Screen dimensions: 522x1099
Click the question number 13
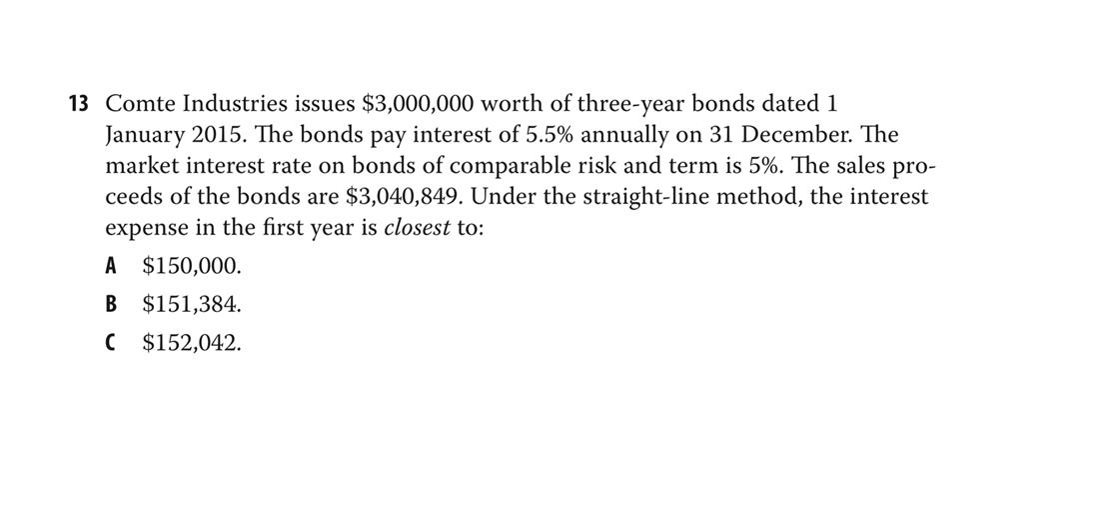[79, 103]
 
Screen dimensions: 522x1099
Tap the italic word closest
[417, 228]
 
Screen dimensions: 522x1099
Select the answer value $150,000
[192, 266]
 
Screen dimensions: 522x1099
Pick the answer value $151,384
[192, 304]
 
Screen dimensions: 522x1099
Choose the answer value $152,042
[192, 343]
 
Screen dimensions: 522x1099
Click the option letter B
[112, 304]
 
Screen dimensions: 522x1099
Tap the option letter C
[112, 343]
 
